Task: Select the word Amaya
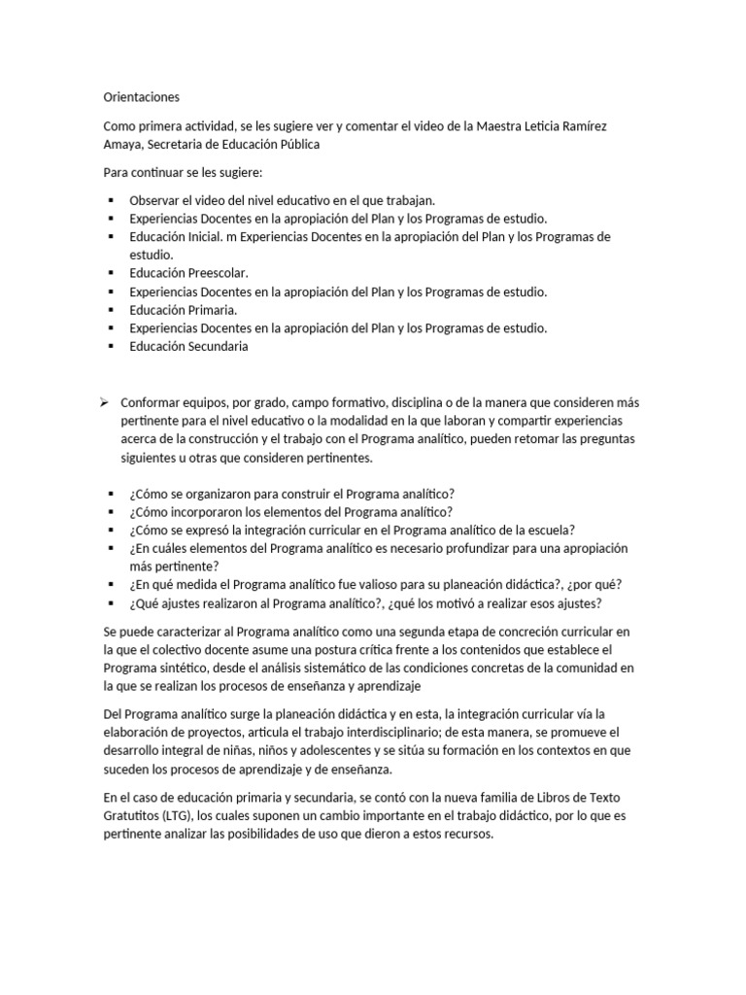pos(123,144)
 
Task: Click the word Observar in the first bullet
pos(155,199)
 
